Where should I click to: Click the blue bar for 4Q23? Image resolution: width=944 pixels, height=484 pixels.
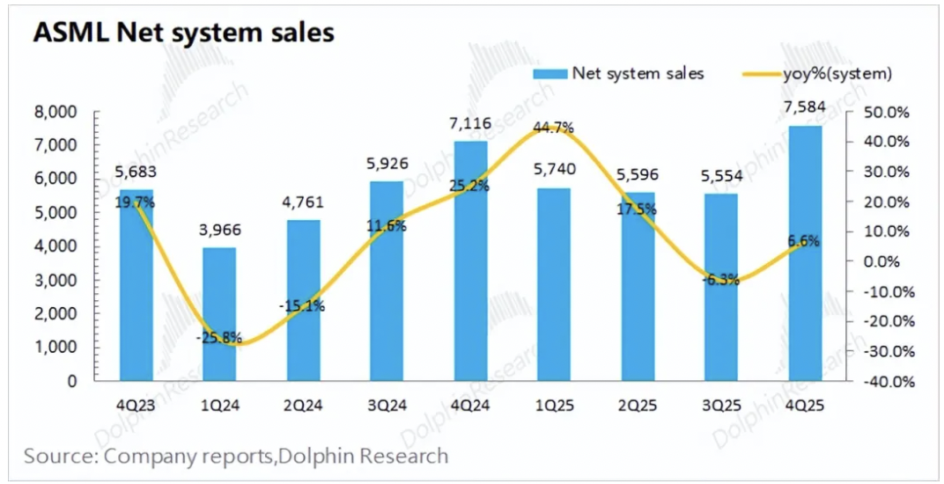tap(136, 290)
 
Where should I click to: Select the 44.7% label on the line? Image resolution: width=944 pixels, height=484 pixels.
tap(553, 128)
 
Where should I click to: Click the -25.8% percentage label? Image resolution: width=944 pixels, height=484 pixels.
tap(219, 335)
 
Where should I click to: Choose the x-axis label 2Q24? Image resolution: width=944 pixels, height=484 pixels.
tap(303, 406)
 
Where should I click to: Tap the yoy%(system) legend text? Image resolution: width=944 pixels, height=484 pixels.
tap(837, 74)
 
